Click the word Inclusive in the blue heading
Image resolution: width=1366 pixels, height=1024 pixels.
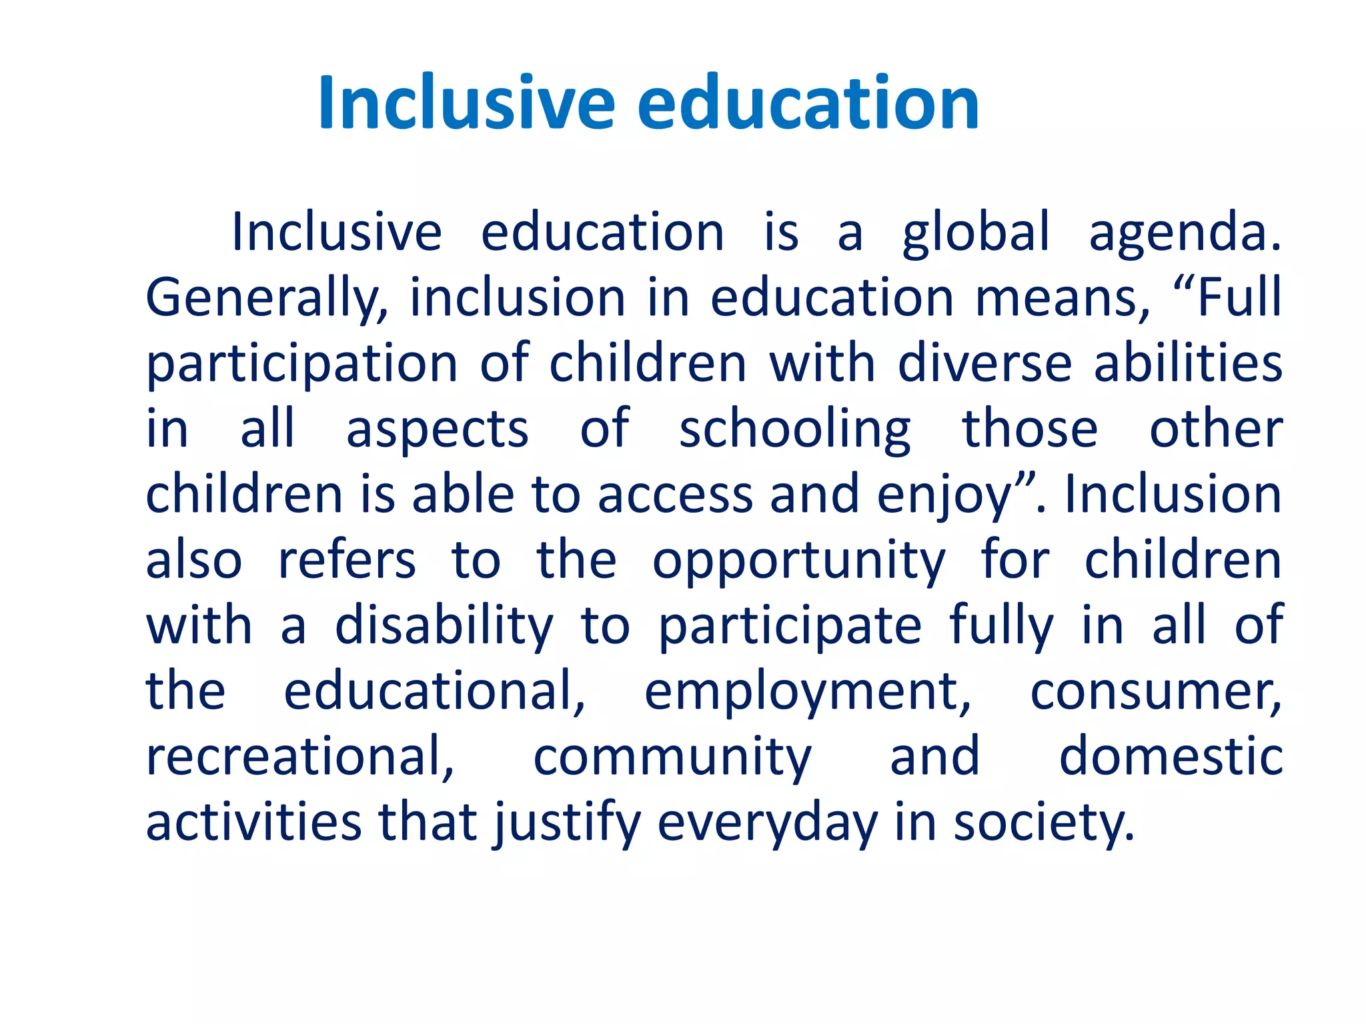[466, 103]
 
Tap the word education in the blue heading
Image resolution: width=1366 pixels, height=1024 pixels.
[808, 103]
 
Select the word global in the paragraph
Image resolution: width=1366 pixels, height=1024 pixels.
[976, 233]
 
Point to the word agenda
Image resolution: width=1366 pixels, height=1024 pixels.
[1185, 233]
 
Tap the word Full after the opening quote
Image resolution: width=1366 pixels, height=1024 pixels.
[1239, 298]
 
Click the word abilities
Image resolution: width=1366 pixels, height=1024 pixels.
[1188, 363]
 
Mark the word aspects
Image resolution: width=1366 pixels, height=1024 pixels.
[438, 429]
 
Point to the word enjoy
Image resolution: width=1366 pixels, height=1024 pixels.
[944, 495]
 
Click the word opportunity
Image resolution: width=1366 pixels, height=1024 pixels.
[798, 561]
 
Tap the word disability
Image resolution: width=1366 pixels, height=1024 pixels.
[444, 626]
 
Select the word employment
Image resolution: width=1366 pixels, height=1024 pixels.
[808, 692]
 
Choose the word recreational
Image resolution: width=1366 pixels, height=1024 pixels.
[300, 757]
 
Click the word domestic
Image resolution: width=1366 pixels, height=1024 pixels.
[1171, 757]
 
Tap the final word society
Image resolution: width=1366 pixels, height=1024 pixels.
[1044, 823]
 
